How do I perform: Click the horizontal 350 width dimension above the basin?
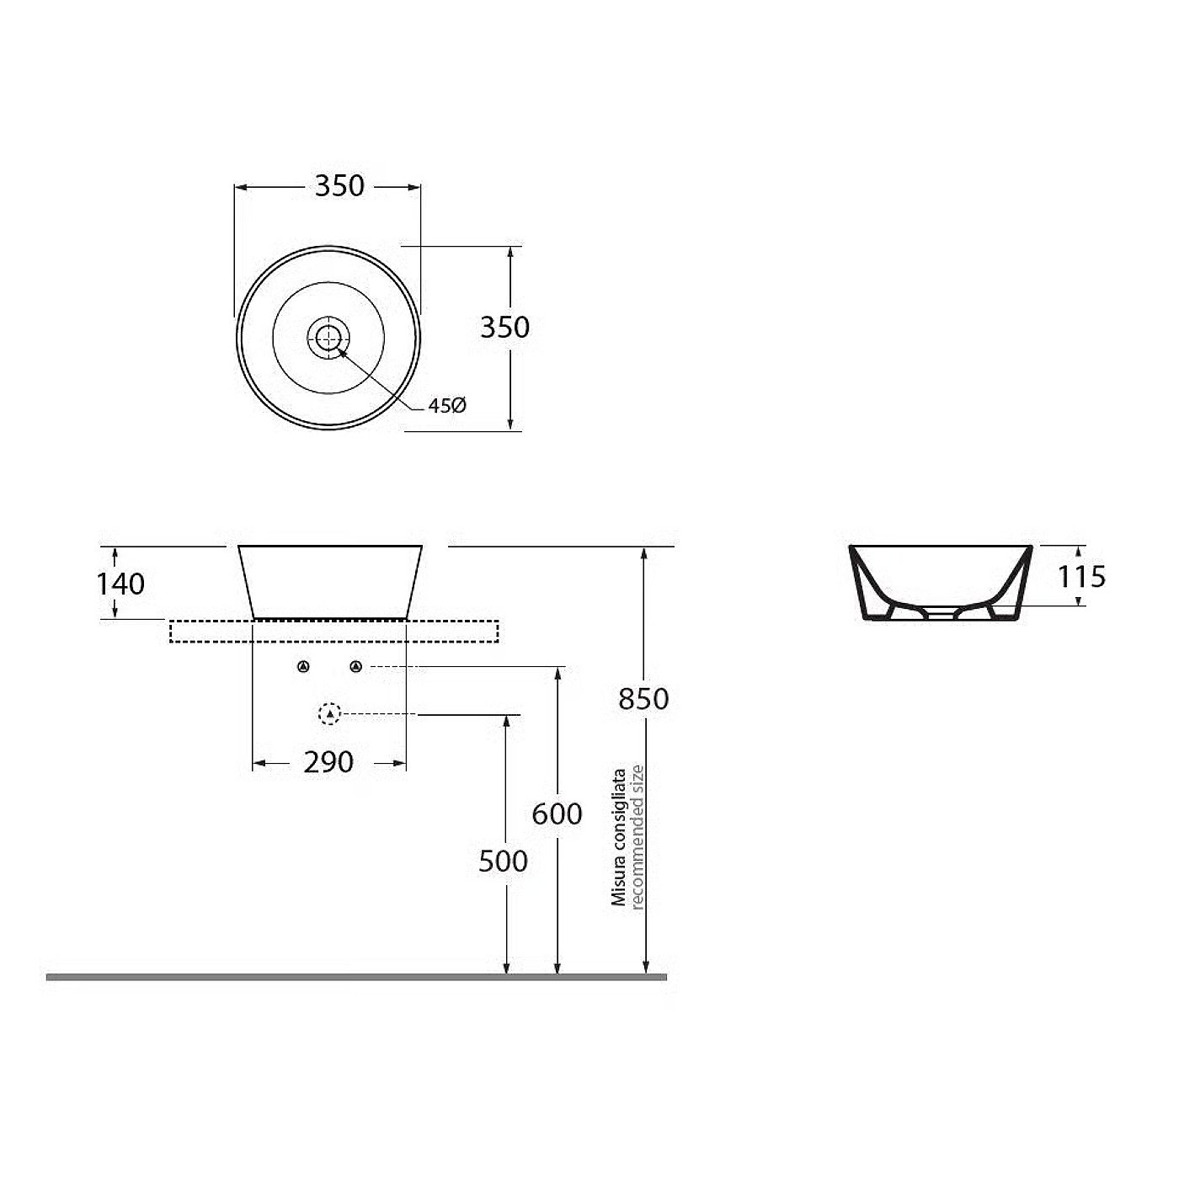[x=339, y=185]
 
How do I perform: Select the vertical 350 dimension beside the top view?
[x=504, y=328]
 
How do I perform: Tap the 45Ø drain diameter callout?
[x=447, y=405]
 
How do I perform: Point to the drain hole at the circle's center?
[x=328, y=337]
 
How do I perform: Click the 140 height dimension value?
[x=120, y=584]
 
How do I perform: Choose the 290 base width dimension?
[x=328, y=762]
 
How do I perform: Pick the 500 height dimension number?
[x=503, y=862]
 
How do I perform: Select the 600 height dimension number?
[x=557, y=814]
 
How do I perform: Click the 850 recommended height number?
[x=643, y=699]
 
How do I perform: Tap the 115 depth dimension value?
[x=1081, y=576]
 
